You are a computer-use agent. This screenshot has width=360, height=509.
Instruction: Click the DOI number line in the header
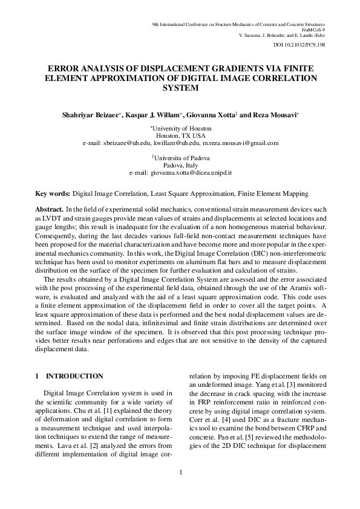(x=299, y=45)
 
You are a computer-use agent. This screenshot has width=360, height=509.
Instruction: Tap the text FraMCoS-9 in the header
(x=313, y=29)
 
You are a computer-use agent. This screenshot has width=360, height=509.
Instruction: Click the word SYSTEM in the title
(x=180, y=88)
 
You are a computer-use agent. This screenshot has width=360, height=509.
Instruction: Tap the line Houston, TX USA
(x=180, y=136)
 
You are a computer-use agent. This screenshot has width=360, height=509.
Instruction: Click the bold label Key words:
(x=53, y=194)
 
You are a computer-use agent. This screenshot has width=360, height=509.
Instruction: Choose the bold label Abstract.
(x=50, y=209)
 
